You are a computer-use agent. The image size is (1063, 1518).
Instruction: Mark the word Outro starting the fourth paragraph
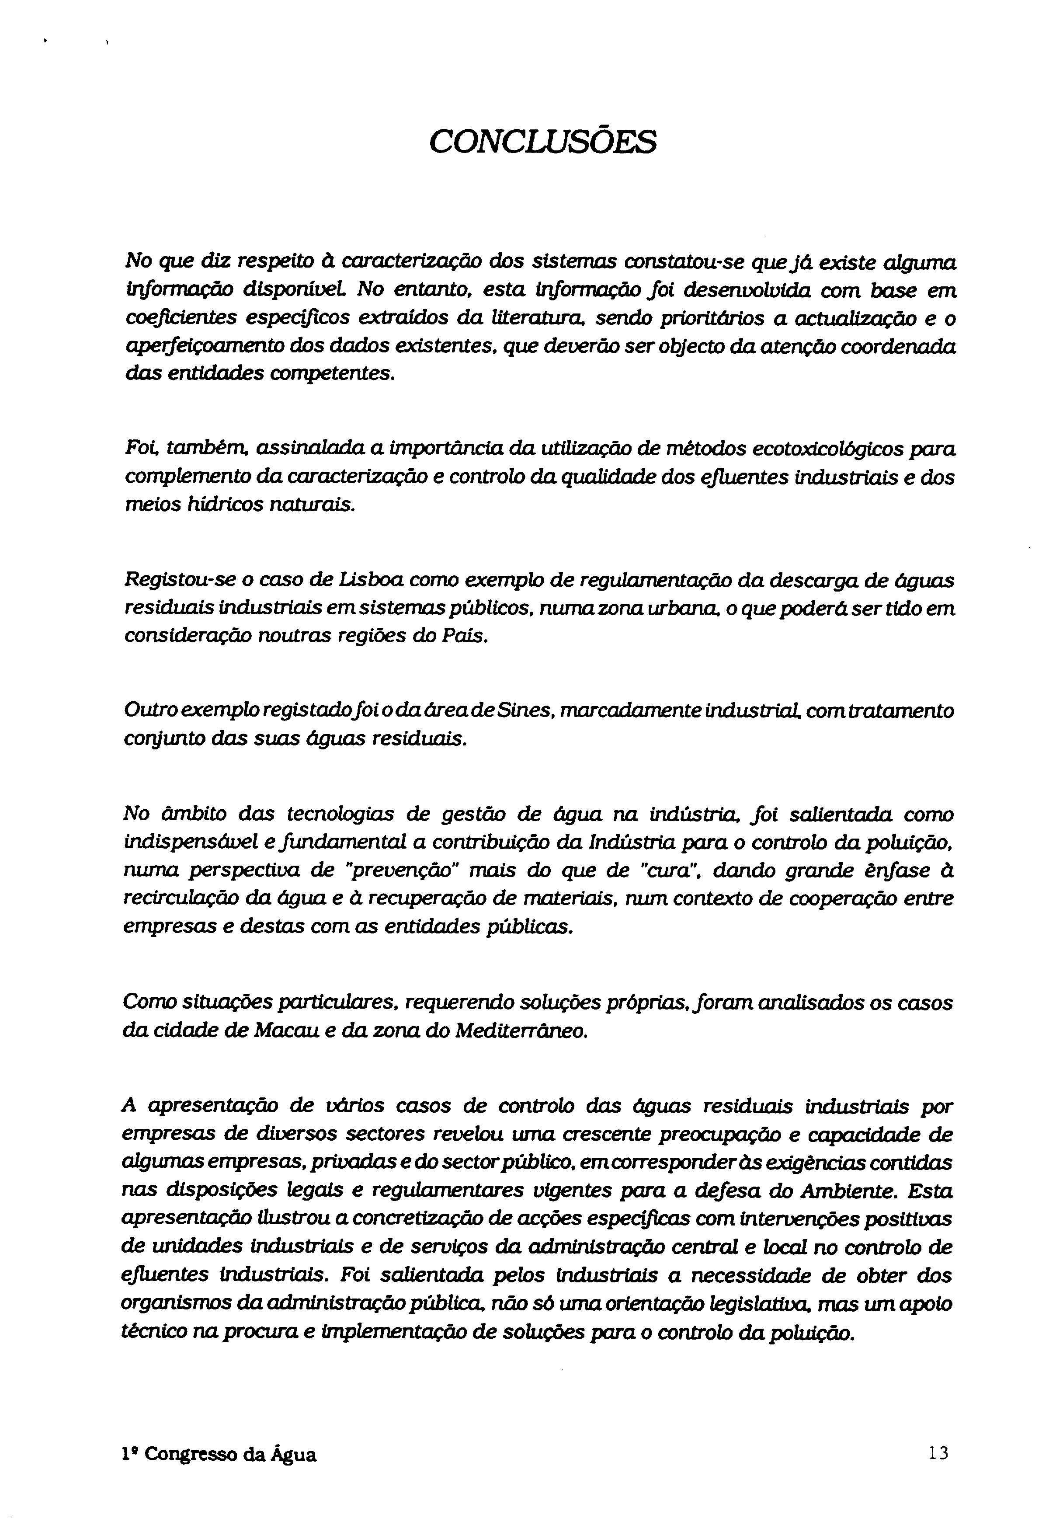click(x=143, y=711)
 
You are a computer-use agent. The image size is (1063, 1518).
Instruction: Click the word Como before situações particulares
click(x=146, y=1002)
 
